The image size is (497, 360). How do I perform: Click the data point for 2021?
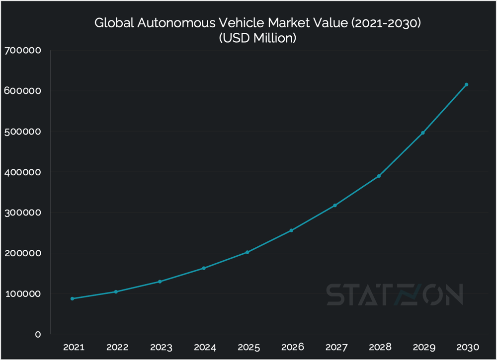72,298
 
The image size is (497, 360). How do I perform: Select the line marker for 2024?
204,268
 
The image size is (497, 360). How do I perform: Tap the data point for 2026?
291,230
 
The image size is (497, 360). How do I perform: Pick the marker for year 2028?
379,176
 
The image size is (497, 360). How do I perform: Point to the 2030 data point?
466,84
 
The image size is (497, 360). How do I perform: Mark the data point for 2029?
423,133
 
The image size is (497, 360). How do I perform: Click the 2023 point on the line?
160,282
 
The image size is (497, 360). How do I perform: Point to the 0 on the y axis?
37,334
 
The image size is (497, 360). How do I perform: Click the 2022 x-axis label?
116,347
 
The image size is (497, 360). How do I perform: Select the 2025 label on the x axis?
248,347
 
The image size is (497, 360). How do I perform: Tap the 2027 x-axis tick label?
335,347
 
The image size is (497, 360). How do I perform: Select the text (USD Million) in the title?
257,38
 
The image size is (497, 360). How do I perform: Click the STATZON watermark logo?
395,294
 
